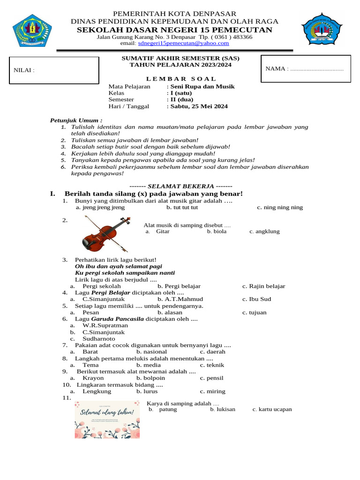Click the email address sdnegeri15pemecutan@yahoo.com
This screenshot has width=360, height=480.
pos(183,43)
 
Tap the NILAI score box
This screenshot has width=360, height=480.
pos(54,70)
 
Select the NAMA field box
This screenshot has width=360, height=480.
pos(305,69)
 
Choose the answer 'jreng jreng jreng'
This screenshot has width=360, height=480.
pos(104,207)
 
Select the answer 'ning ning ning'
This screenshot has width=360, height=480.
pos(283,207)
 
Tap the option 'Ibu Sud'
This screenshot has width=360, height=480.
pos(260,299)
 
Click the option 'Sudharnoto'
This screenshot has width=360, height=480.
pos(99,338)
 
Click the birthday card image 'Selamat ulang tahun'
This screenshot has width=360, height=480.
pos(107,419)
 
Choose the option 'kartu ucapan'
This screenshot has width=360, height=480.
pos(275,409)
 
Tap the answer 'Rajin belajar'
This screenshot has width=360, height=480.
pos(267,286)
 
